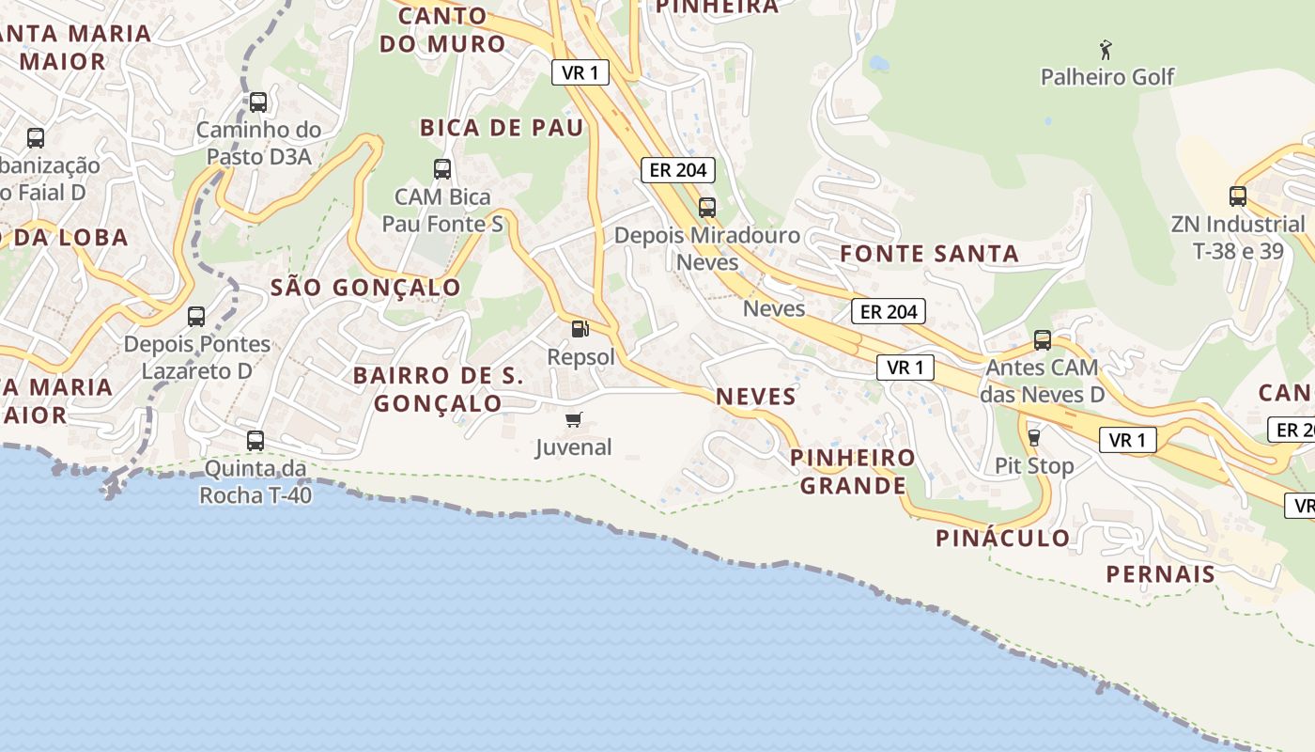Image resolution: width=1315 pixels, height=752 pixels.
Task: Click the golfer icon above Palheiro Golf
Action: [1106, 49]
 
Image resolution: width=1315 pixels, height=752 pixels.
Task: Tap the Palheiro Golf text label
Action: [1107, 77]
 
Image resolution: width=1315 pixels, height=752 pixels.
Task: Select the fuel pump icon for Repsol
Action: [580, 329]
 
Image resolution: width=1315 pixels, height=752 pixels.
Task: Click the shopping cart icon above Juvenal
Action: [573, 419]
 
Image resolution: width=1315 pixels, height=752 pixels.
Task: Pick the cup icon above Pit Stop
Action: [1034, 437]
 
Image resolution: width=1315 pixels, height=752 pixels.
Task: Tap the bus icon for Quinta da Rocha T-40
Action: [255, 440]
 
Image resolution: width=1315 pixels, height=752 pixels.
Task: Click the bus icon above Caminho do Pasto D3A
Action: [257, 102]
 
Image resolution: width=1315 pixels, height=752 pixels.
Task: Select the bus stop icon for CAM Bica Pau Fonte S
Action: [441, 169]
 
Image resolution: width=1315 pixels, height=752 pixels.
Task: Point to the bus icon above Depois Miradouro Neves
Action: [706, 207]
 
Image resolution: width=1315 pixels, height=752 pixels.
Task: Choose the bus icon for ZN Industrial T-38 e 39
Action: [1237, 196]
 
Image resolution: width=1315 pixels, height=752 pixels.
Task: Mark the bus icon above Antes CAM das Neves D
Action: [1042, 340]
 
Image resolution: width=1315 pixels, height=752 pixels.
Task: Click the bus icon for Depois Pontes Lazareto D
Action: [196, 317]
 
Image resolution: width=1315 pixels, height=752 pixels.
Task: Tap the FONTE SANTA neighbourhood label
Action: [929, 254]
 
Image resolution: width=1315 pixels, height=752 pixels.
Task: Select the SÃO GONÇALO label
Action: [365, 288]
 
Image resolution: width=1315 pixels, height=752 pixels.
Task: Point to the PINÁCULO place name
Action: [1002, 539]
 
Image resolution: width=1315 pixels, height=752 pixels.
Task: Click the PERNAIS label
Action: [1160, 573]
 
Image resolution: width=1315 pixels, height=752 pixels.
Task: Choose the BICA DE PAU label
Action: [502, 128]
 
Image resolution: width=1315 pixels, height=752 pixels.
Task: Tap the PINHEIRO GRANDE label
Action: [852, 472]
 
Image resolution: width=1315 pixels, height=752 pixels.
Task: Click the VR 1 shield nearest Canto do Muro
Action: [580, 72]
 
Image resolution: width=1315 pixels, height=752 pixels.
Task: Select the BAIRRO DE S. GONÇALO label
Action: [439, 389]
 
